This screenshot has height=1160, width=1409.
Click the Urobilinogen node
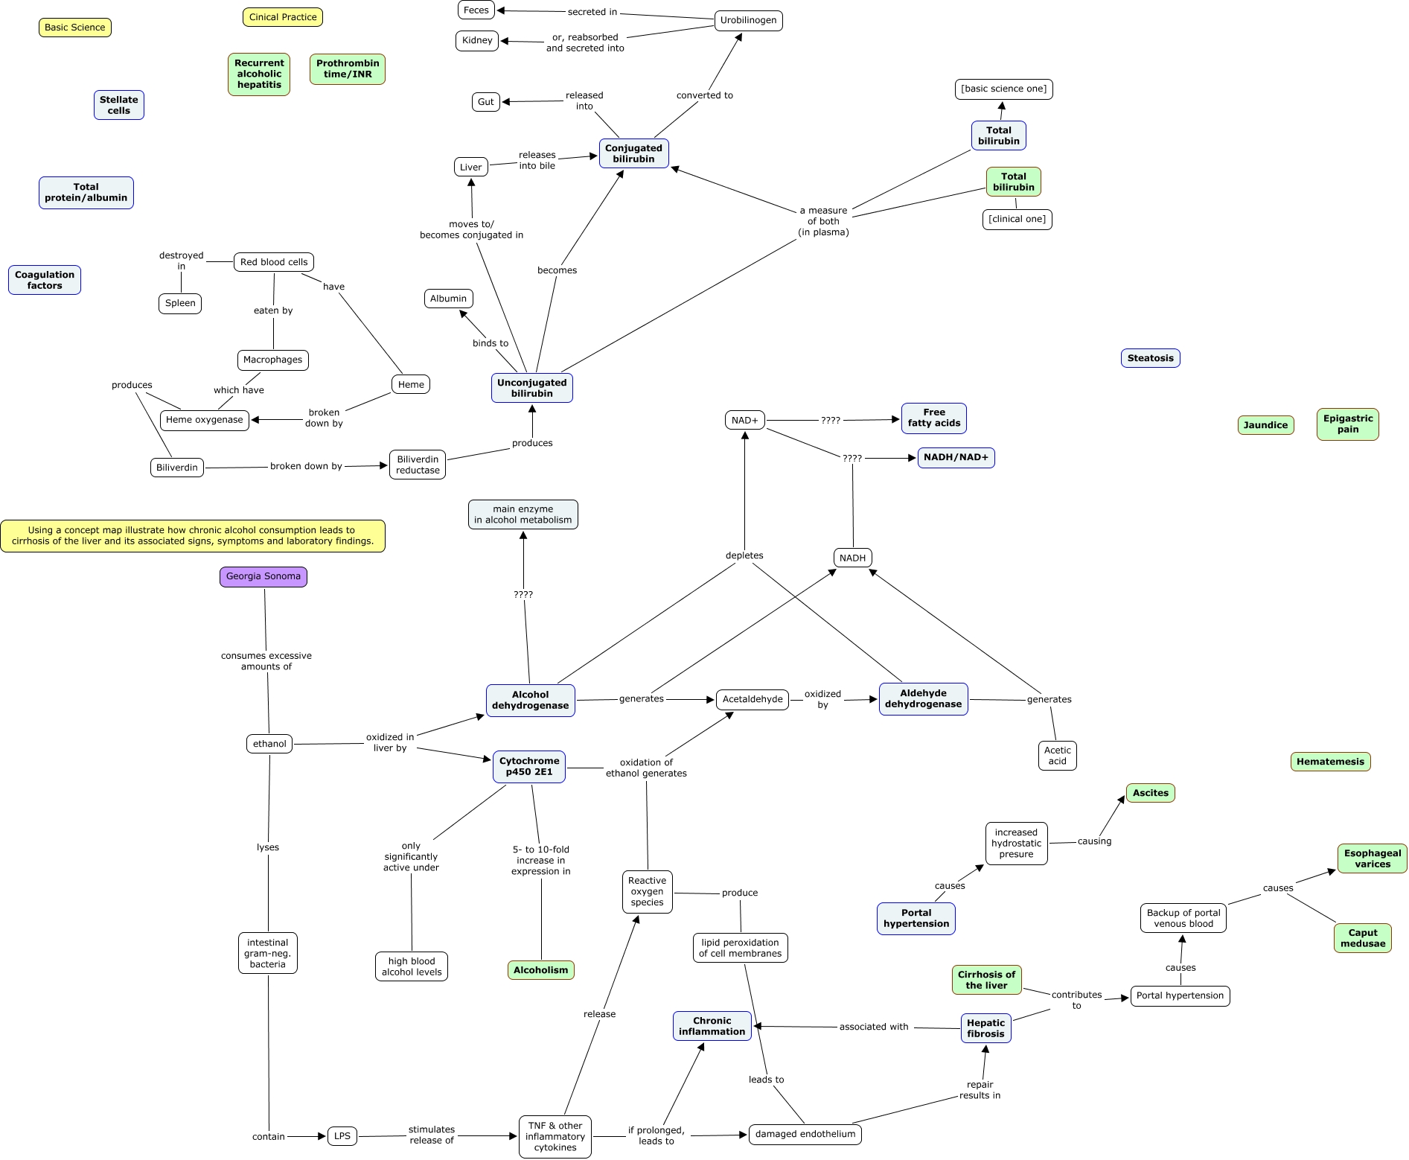click(748, 20)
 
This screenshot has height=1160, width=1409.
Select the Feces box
click(476, 10)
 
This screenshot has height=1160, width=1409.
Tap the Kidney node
click(477, 40)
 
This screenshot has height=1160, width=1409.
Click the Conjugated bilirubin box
click(634, 153)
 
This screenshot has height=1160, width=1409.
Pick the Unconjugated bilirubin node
click(532, 388)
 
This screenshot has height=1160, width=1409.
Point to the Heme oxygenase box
click(205, 420)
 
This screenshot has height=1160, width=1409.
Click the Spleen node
click(180, 303)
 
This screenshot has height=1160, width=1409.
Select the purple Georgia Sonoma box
click(263, 576)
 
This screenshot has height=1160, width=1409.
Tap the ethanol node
click(269, 744)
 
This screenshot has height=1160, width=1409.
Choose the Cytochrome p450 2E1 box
click(529, 767)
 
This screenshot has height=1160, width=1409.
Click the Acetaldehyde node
click(753, 699)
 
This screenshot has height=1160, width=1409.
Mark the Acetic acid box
click(1058, 756)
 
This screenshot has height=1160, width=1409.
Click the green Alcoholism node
click(541, 970)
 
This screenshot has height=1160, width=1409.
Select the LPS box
click(342, 1136)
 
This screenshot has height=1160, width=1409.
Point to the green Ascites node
click(1151, 793)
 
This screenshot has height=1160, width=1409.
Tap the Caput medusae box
click(1363, 938)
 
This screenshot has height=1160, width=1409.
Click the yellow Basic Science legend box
click(75, 28)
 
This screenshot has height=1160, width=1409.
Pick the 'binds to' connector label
click(491, 343)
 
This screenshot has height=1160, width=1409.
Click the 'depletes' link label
click(744, 555)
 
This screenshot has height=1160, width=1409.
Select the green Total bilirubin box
click(1014, 182)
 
